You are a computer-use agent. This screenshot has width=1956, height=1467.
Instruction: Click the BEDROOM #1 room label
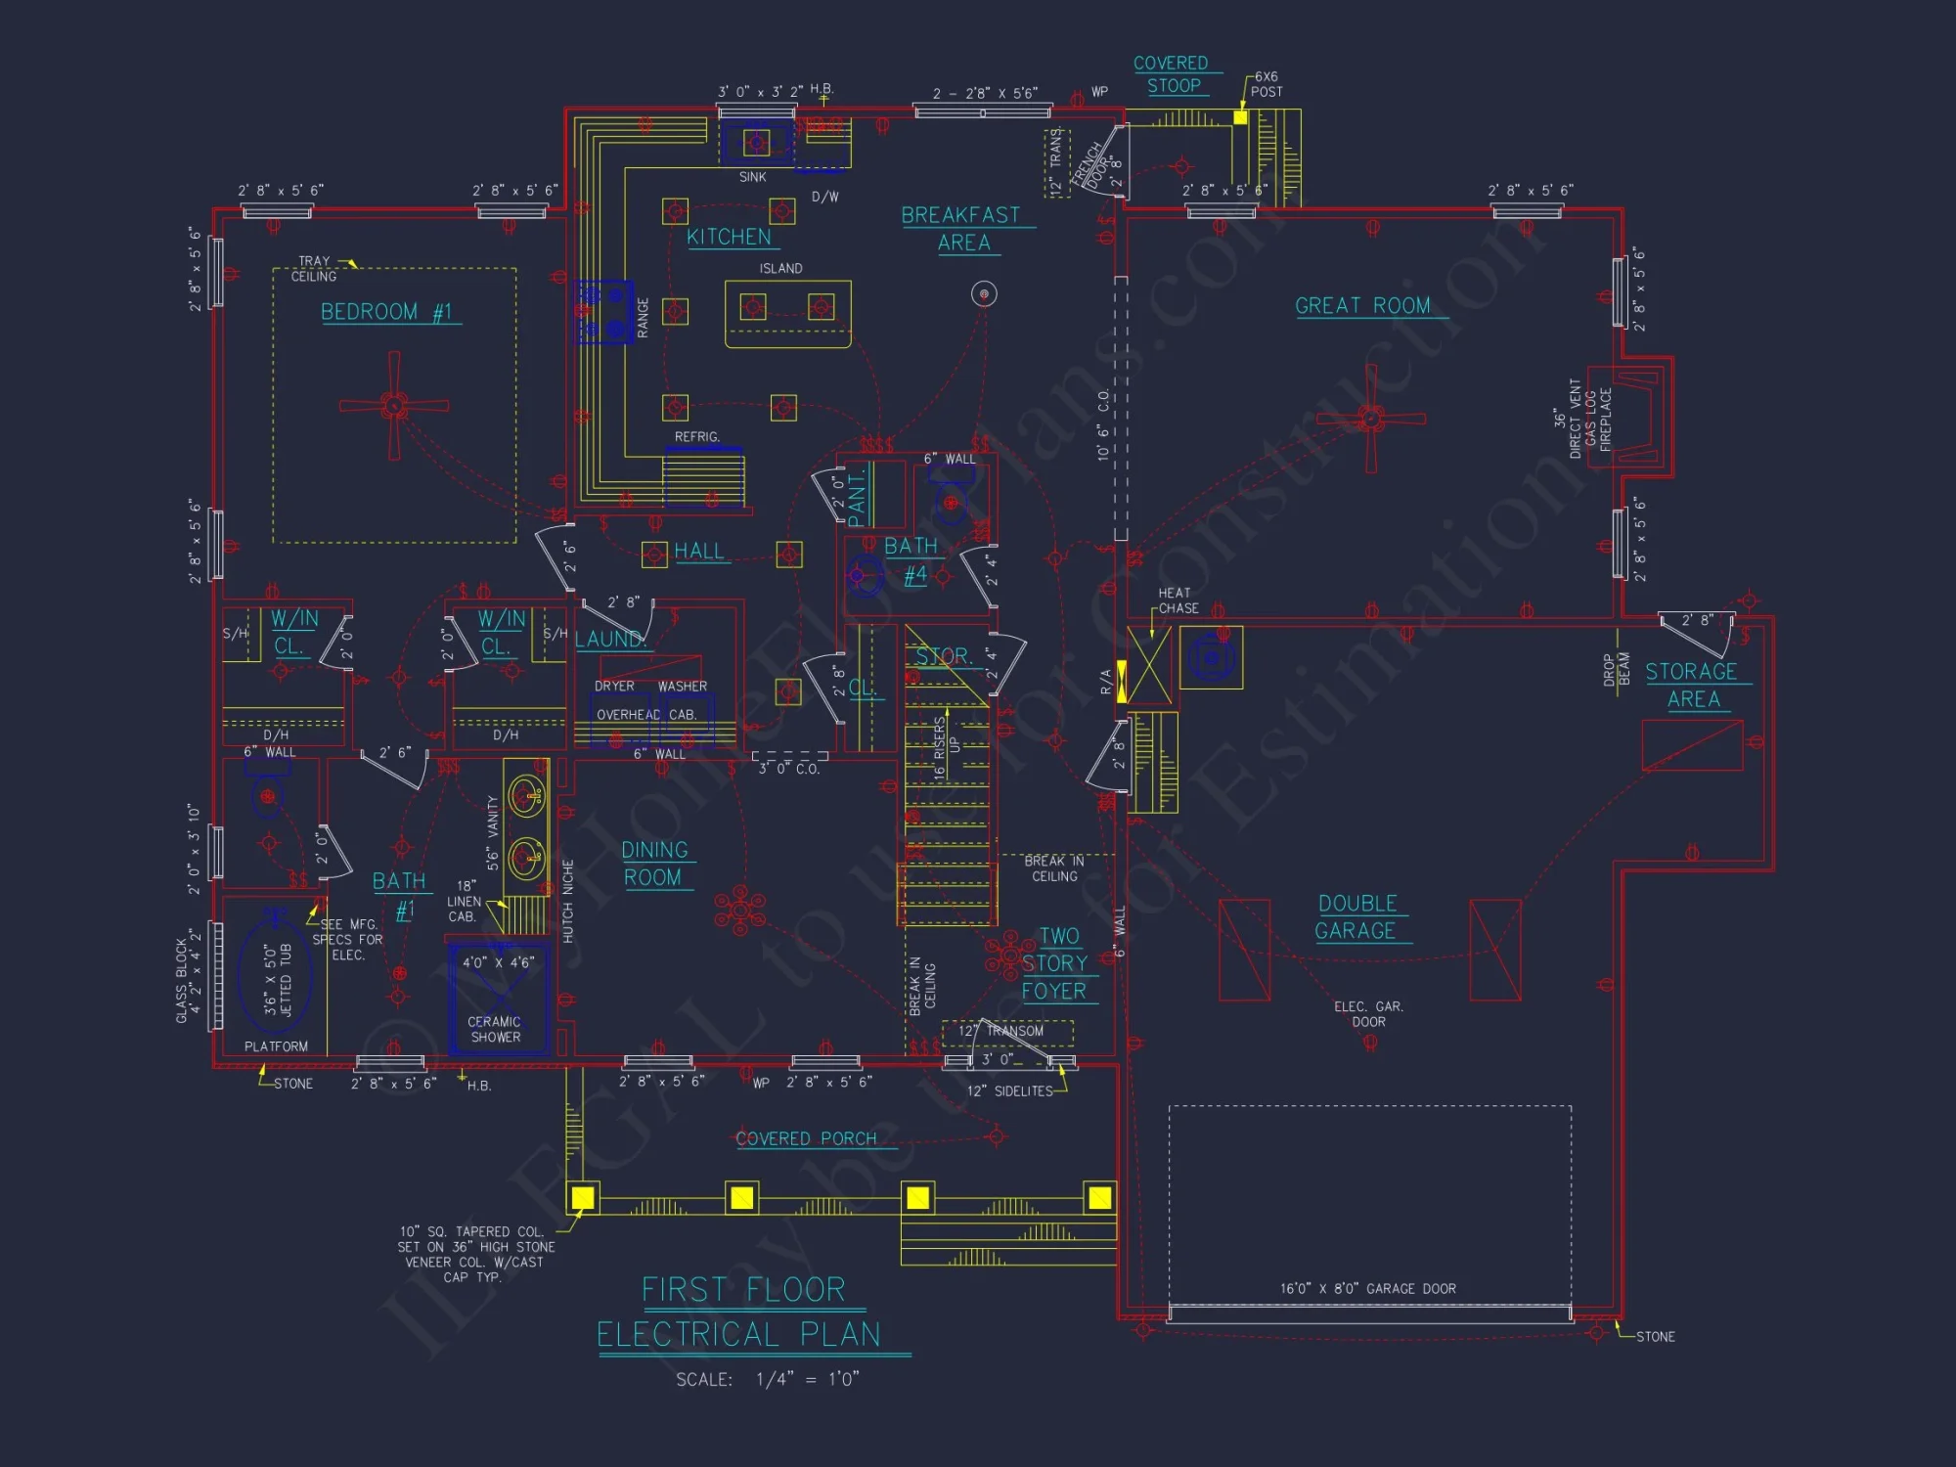[x=387, y=312]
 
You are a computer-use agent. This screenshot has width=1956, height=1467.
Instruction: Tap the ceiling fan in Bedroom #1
[x=394, y=405]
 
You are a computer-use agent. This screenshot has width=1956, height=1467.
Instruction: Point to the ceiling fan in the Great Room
[x=1370, y=419]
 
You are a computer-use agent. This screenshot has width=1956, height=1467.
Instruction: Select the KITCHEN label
[x=729, y=237]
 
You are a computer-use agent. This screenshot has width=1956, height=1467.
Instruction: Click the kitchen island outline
[x=787, y=313]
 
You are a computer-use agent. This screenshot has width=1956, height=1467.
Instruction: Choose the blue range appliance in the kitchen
[x=605, y=312]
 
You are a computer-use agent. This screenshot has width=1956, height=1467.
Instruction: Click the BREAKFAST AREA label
[x=961, y=229]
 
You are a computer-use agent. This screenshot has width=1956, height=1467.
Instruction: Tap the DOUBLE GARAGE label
[x=1356, y=917]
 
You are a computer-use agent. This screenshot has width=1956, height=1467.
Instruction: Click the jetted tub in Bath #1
[x=277, y=978]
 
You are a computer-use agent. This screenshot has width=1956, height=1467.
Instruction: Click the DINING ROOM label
[x=654, y=864]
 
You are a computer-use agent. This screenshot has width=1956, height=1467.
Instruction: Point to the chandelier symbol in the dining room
[x=740, y=911]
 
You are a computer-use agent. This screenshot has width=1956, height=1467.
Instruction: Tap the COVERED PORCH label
[x=806, y=1138]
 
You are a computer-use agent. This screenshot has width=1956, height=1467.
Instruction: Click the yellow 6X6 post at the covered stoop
[x=1240, y=117]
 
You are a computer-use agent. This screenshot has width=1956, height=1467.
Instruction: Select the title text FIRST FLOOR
[x=743, y=1290]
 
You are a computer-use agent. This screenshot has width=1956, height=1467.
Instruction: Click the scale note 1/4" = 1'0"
[x=807, y=1379]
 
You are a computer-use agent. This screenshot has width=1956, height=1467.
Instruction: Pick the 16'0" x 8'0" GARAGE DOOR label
[x=1367, y=1289]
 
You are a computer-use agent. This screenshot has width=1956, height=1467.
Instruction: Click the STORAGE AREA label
[x=1692, y=685]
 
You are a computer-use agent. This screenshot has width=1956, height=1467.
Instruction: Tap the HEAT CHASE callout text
[x=1177, y=600]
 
